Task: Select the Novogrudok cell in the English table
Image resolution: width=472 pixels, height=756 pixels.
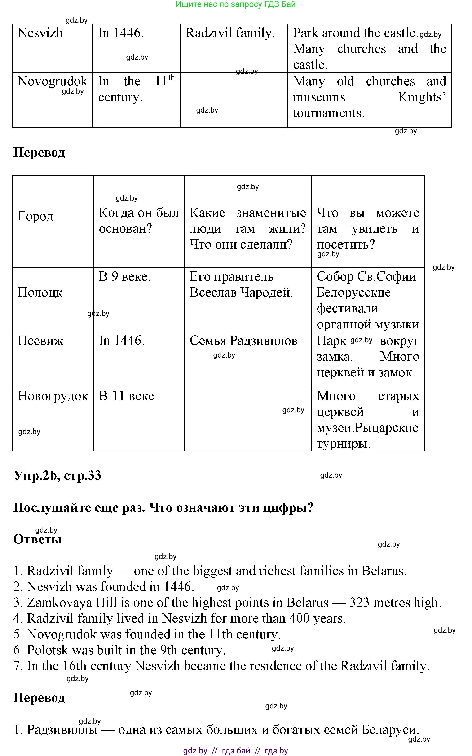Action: click(53, 81)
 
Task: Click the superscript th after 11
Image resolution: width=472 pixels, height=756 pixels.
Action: click(172, 77)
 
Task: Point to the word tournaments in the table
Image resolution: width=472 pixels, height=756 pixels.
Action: click(329, 113)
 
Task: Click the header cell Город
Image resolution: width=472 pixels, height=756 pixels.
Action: click(35, 216)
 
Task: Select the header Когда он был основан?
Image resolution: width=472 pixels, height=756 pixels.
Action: click(139, 221)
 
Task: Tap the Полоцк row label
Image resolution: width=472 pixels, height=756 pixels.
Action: click(40, 292)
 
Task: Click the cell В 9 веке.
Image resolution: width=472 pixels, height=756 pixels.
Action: click(124, 276)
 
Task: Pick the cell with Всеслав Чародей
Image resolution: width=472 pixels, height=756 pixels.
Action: click(241, 292)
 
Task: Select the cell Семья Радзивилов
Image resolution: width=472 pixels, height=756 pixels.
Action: click(243, 341)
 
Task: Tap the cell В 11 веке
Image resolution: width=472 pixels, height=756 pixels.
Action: click(126, 396)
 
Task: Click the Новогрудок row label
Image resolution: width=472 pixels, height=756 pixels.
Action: click(53, 396)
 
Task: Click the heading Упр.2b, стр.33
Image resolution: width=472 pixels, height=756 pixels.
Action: click(58, 476)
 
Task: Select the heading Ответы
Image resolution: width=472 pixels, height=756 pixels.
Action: click(37, 539)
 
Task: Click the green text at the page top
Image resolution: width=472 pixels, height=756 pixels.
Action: click(236, 4)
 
